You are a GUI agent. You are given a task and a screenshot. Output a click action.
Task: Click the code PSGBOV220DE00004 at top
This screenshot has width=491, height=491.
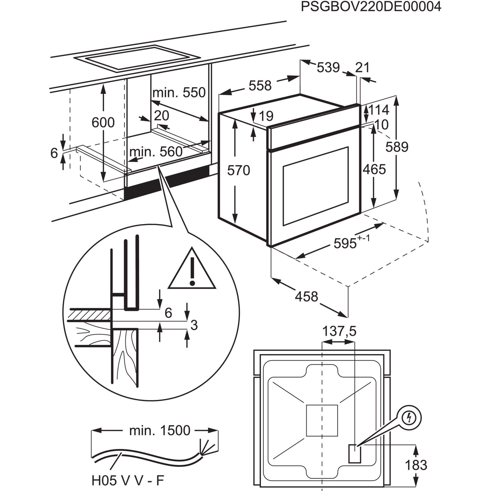tap(371, 7)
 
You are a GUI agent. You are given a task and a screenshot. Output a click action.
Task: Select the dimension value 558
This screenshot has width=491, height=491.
tap(260, 86)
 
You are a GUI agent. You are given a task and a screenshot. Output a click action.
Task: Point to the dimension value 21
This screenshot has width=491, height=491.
tap(362, 68)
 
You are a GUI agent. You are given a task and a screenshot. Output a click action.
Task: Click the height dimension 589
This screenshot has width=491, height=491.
tap(397, 147)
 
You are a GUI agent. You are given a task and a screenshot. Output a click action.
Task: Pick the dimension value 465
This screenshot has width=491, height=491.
tap(374, 169)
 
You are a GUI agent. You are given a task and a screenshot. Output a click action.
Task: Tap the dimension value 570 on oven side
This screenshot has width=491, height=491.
tap(238, 170)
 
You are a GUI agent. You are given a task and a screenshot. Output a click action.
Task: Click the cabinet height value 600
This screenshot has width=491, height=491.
tap(103, 123)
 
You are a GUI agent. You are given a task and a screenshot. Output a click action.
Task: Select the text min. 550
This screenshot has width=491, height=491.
tap(179, 93)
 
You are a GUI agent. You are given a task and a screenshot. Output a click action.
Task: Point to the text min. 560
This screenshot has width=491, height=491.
tap(156, 152)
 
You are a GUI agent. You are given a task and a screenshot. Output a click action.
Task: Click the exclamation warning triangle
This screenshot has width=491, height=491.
tap(192, 271)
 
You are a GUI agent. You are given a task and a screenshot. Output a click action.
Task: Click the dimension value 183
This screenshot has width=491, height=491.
tap(416, 465)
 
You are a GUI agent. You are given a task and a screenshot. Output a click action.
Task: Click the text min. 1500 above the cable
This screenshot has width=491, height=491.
tap(160, 431)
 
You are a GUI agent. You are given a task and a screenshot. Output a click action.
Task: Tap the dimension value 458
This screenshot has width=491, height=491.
tap(306, 297)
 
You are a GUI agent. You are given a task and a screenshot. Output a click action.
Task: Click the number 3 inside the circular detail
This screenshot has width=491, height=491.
tap(194, 325)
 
